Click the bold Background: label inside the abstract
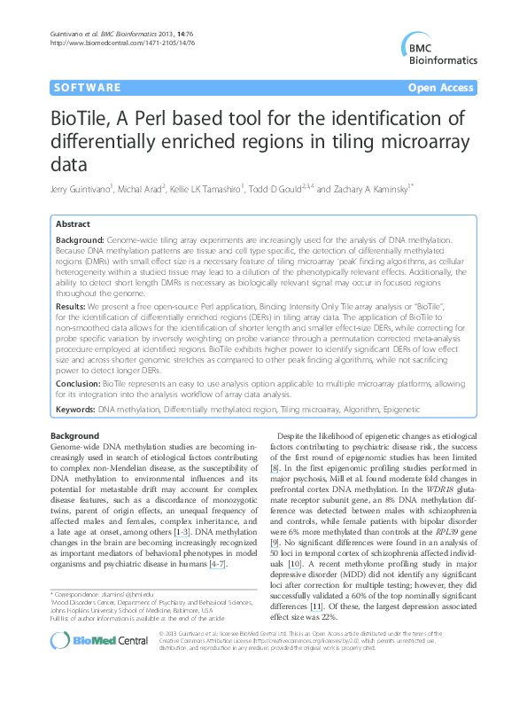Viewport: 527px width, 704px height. click(79, 240)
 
